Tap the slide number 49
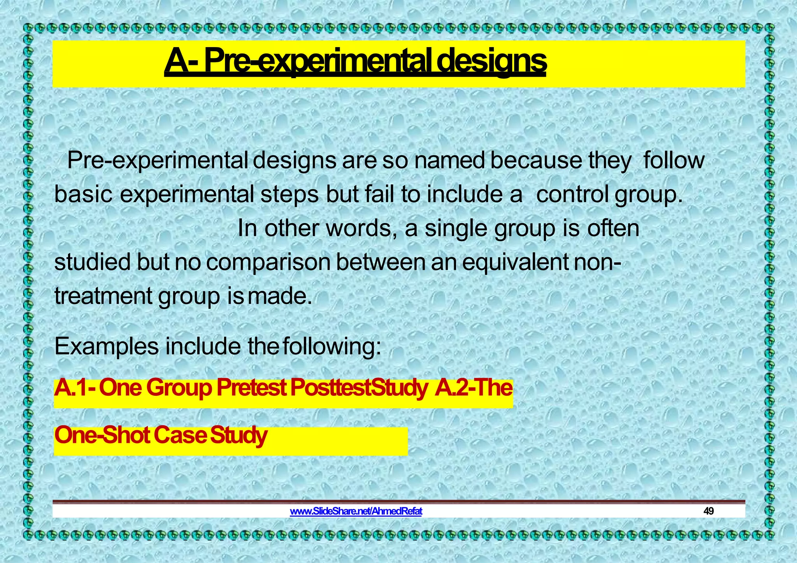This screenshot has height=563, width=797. point(708,511)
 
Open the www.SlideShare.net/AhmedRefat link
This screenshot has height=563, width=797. point(356,511)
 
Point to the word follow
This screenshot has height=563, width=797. point(674,160)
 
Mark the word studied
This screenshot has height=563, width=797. point(92,262)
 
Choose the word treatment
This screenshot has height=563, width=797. point(103,296)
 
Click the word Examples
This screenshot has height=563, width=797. point(106,347)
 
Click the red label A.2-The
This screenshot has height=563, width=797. point(474,388)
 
